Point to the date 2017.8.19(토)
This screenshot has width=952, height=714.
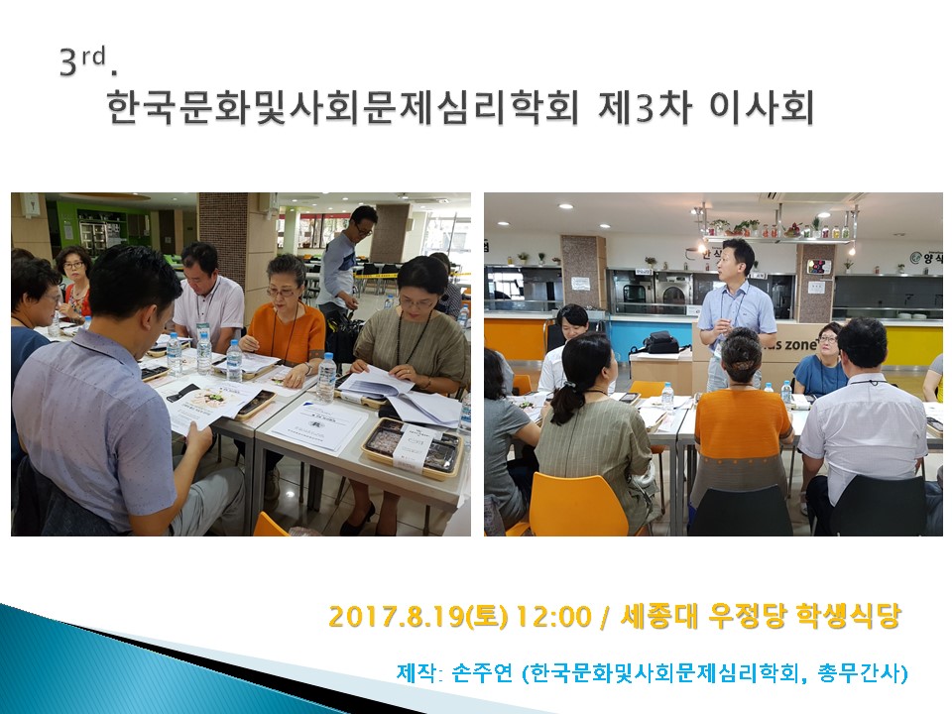[x=418, y=616]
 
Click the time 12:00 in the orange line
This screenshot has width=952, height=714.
[x=553, y=616]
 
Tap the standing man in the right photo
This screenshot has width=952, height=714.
[x=735, y=314]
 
